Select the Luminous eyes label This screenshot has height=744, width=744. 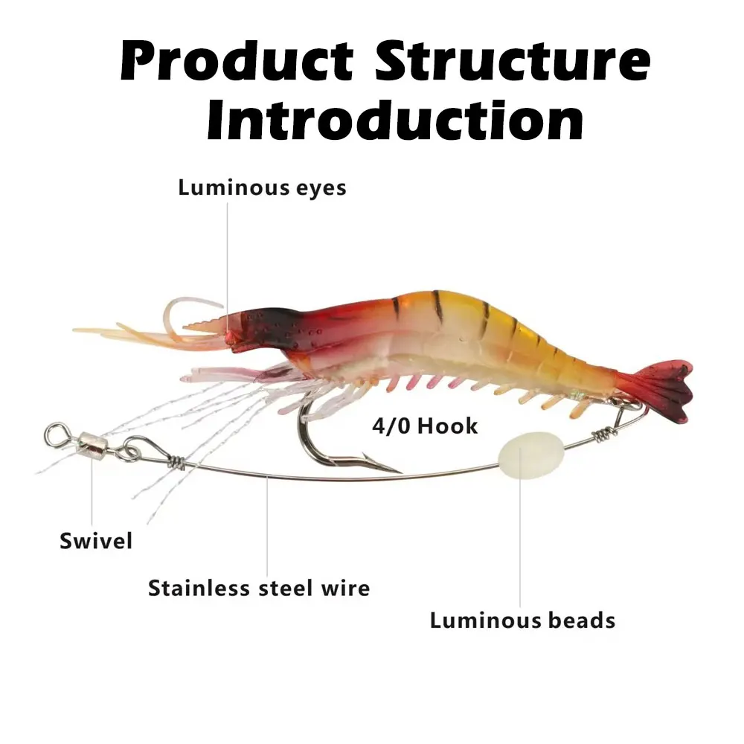coord(262,187)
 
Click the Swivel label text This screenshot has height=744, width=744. coord(96,541)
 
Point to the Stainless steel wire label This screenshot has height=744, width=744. coord(259,588)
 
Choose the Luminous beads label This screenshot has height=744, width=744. coord(522,620)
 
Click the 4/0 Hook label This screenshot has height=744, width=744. coord(425,426)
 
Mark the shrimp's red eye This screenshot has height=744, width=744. coord(231,336)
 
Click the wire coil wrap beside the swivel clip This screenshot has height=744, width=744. coord(178,462)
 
